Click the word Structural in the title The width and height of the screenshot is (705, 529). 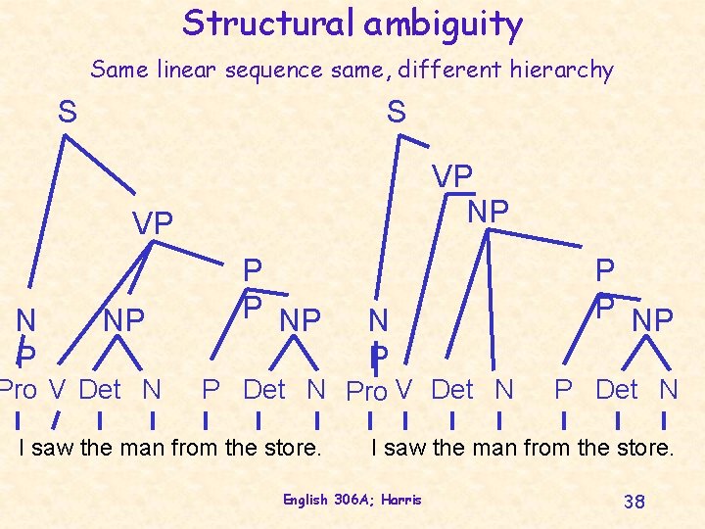click(x=268, y=23)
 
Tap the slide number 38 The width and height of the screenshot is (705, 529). click(x=634, y=502)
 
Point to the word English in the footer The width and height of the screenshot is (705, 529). click(x=305, y=500)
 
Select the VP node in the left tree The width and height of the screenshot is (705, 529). click(x=153, y=223)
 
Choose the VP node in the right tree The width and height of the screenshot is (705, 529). click(x=452, y=178)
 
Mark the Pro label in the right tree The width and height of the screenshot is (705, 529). click(x=367, y=392)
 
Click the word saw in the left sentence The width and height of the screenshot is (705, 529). click(x=51, y=450)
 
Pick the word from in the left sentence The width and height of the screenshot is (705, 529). click(x=192, y=450)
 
